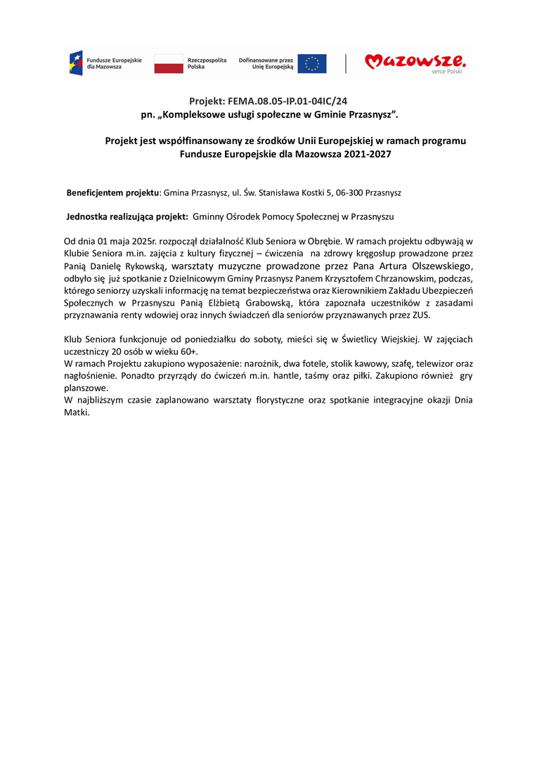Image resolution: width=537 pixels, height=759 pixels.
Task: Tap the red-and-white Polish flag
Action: [168, 63]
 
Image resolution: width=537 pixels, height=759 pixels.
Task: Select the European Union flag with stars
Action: [311, 63]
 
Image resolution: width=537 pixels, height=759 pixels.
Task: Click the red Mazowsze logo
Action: [414, 63]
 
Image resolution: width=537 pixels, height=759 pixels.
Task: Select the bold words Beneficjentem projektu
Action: [113, 192]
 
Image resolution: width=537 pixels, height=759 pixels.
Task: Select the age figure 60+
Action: [188, 351]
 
